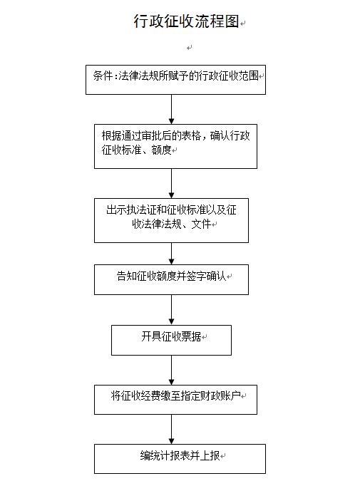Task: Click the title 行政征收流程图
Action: point(186,21)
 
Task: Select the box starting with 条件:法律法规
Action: point(175,80)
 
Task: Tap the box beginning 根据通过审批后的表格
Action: point(175,146)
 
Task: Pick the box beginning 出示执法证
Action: point(171,221)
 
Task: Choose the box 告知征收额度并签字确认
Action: point(171,280)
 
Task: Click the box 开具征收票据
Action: point(171,340)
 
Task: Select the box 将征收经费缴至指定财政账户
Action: point(175,400)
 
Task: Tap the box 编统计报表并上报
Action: point(180,459)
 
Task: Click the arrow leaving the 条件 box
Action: point(172,109)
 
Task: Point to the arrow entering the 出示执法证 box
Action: point(172,183)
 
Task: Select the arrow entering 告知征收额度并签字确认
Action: point(172,254)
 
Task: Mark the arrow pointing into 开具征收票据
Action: point(172,310)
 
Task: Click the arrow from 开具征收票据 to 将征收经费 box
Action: point(172,370)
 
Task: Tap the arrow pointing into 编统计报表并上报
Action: point(172,429)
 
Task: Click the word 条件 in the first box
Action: point(103,76)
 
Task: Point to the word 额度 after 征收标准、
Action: point(161,150)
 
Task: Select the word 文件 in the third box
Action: point(201,224)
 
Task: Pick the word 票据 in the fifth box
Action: point(192,336)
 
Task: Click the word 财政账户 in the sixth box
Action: point(221,395)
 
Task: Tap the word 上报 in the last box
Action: point(210,455)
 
